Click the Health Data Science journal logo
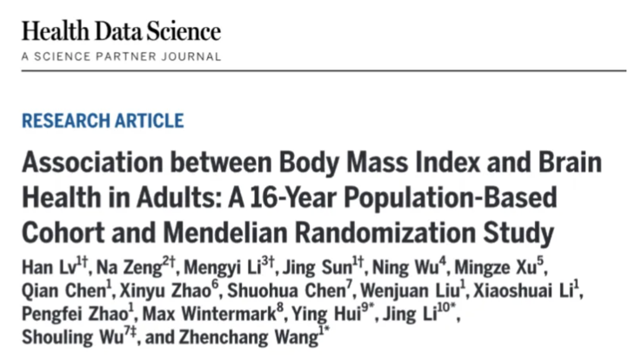click(x=121, y=32)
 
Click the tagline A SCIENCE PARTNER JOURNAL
click(x=121, y=57)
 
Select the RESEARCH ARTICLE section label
click(x=103, y=121)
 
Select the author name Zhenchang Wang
click(x=251, y=336)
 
